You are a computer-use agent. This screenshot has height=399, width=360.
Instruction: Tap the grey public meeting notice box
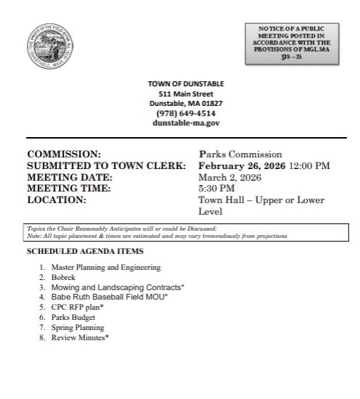tap(298, 44)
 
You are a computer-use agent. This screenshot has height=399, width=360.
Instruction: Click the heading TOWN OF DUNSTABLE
tap(187, 84)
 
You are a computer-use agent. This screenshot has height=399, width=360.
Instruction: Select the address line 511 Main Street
tap(187, 94)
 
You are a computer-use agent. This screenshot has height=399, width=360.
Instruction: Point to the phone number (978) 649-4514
tap(187, 113)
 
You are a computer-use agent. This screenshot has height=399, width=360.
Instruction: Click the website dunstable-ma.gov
tap(187, 123)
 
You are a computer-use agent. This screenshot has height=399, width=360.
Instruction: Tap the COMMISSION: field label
tap(63, 155)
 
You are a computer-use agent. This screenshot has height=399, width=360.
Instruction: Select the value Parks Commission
tap(240, 155)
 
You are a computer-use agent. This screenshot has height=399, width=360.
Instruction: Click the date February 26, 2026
tap(242, 165)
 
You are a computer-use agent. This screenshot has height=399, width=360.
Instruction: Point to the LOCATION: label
tap(57, 199)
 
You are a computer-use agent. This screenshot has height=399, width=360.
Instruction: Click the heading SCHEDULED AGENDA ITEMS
tap(85, 251)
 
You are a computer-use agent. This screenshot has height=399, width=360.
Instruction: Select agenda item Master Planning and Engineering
tap(106, 268)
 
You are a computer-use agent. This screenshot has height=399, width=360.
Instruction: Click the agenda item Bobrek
tap(63, 278)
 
